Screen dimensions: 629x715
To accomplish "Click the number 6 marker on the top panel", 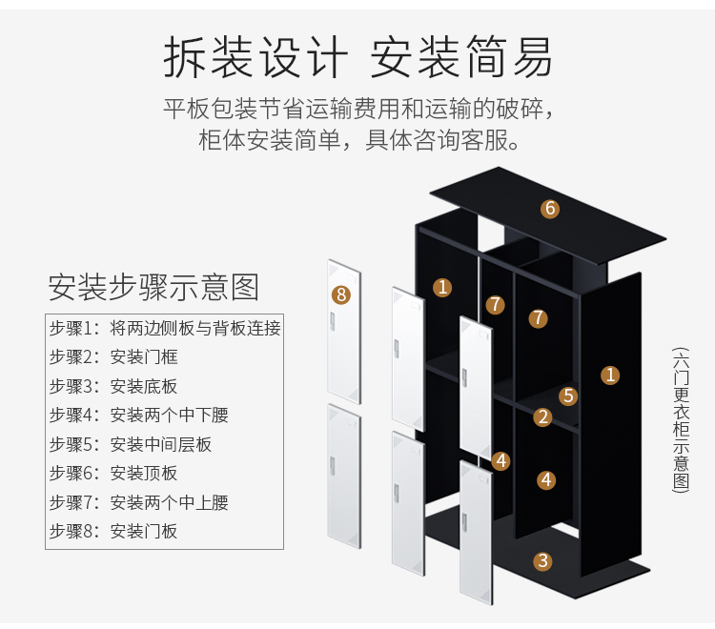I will coord(550,209).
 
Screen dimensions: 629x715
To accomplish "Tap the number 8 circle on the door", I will coord(341,294).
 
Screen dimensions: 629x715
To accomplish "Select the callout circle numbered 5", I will coord(568,396).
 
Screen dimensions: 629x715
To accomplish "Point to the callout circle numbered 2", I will coord(542,416).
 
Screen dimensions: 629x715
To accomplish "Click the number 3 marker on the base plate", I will coord(542,561).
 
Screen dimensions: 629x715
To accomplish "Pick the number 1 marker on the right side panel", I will coord(610,375).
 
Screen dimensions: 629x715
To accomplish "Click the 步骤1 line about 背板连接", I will coord(165,329).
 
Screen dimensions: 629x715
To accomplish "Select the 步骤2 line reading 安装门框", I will coord(113,357).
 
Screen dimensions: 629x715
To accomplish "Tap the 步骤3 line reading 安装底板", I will coord(113,386).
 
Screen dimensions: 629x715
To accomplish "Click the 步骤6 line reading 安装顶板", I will coord(113,473).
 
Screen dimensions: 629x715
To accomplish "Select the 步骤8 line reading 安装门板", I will coord(113,531).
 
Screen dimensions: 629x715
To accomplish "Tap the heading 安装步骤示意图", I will coord(153,286).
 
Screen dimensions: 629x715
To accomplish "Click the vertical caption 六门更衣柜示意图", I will coord(681,419).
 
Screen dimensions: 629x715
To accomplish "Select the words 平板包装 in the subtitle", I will coord(200,108).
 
